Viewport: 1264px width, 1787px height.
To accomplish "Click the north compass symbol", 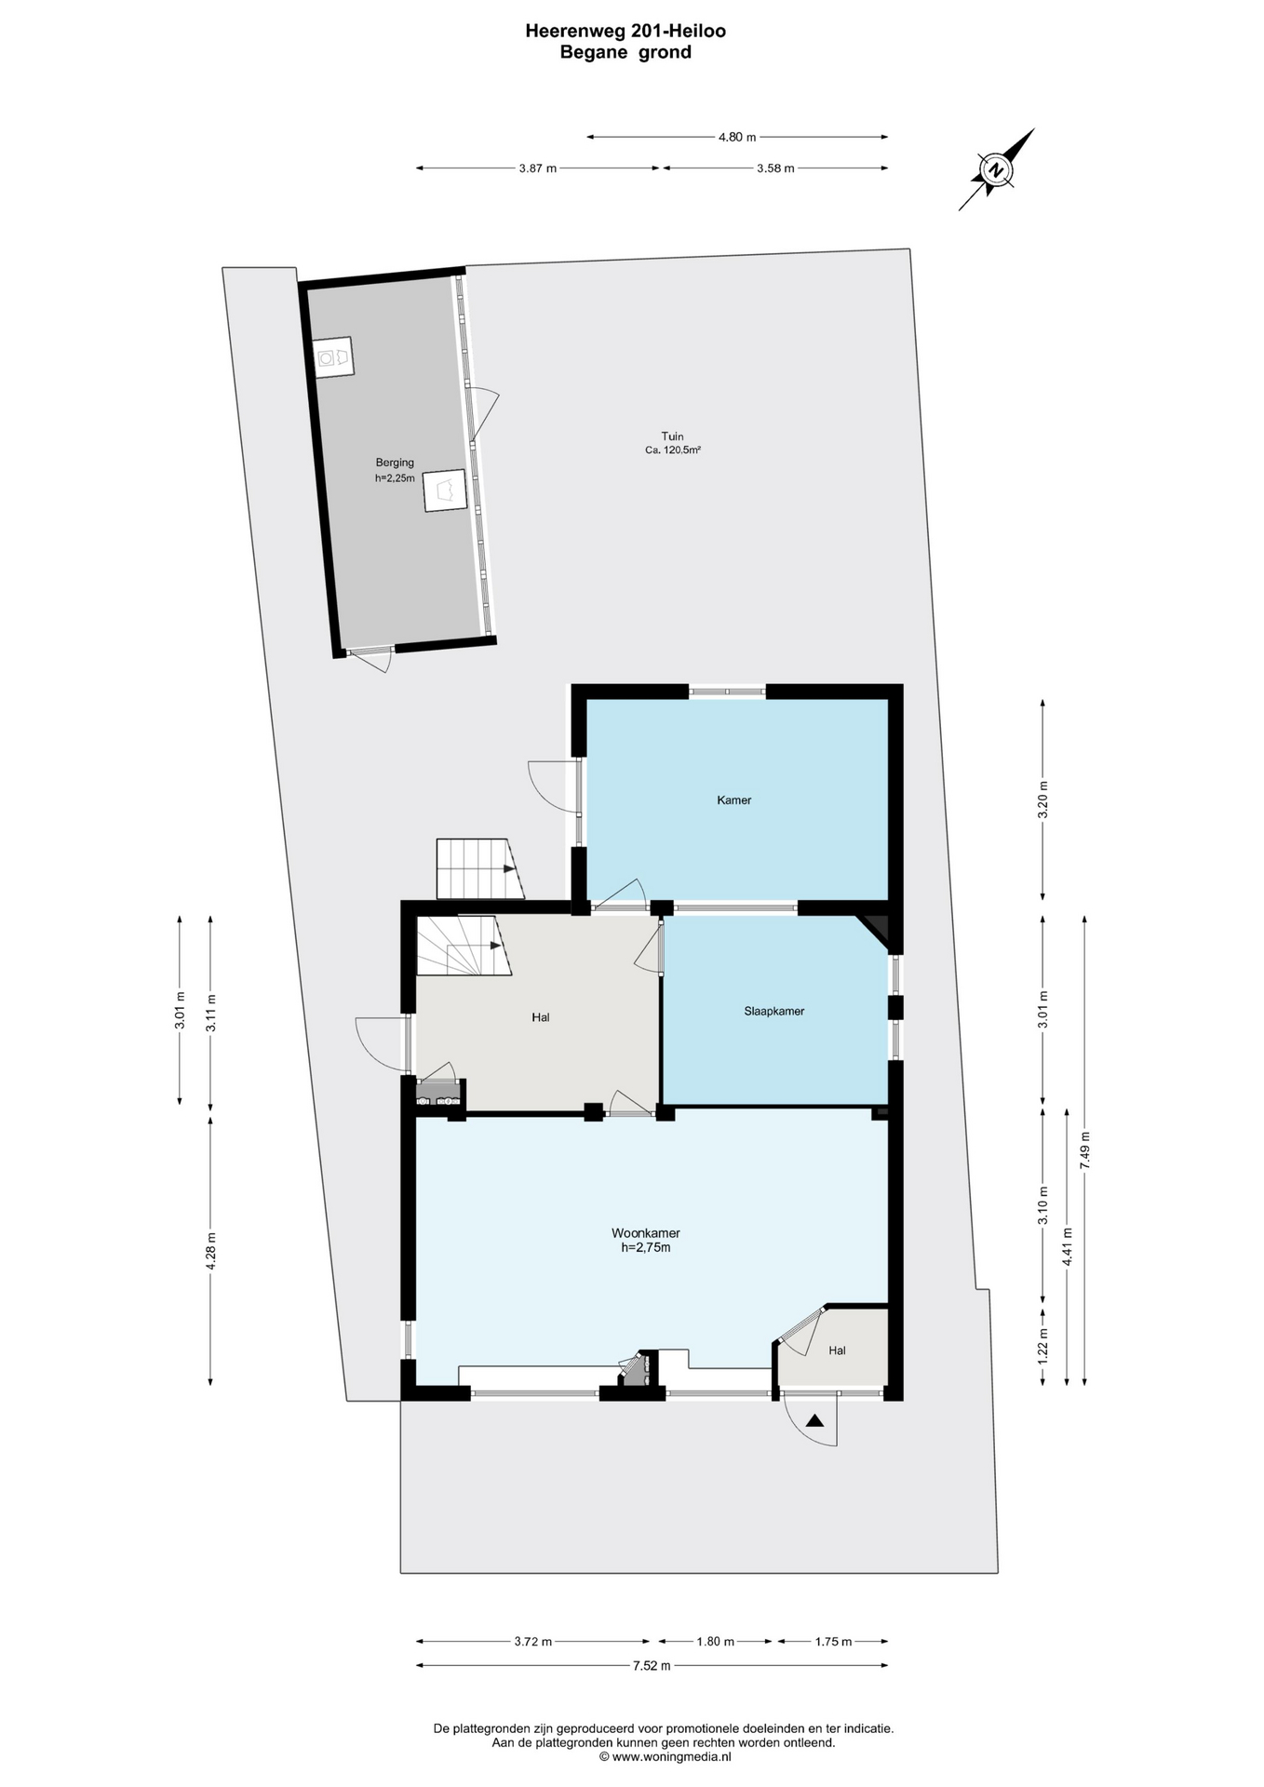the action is pyautogui.click(x=997, y=169).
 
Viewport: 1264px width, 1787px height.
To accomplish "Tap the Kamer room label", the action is pyautogui.click(x=733, y=799).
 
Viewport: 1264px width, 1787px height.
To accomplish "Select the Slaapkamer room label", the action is pyautogui.click(x=773, y=1011).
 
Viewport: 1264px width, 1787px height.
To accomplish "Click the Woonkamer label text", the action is pyautogui.click(x=645, y=1233).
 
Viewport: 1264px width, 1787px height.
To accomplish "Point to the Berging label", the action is pyautogui.click(x=395, y=463).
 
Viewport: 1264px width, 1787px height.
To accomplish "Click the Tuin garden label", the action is pyautogui.click(x=672, y=436).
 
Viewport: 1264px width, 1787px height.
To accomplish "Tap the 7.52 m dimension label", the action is pyautogui.click(x=652, y=1666).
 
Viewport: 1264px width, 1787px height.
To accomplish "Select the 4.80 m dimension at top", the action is pyautogui.click(x=737, y=137).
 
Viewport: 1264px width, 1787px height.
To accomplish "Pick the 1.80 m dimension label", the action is pyautogui.click(x=716, y=1642).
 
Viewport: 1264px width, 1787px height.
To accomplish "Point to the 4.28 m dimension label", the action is pyautogui.click(x=211, y=1250).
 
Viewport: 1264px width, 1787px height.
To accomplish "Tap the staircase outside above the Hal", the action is pyautogui.click(x=477, y=869).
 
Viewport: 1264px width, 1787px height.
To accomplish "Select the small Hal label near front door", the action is pyautogui.click(x=837, y=1350).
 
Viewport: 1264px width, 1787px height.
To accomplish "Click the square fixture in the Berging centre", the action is pyautogui.click(x=445, y=490).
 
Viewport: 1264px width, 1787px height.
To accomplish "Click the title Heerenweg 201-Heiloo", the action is pyautogui.click(x=625, y=31).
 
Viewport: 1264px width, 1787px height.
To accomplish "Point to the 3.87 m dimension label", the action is pyautogui.click(x=537, y=168).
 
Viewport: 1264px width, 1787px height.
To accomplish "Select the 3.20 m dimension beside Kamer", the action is pyautogui.click(x=1042, y=799).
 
